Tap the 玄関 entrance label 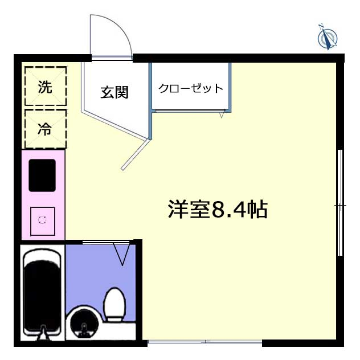[114, 92]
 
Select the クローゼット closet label [191, 88]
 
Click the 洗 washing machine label [45, 87]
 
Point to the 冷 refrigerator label [45, 129]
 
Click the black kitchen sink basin [42, 175]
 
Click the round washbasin [84, 324]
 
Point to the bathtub [43, 293]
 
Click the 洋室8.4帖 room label [218, 210]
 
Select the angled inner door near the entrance [135, 155]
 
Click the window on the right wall [340, 203]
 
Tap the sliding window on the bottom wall [205, 342]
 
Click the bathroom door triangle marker [122, 255]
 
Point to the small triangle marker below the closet [222, 114]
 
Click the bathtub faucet [43, 332]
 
